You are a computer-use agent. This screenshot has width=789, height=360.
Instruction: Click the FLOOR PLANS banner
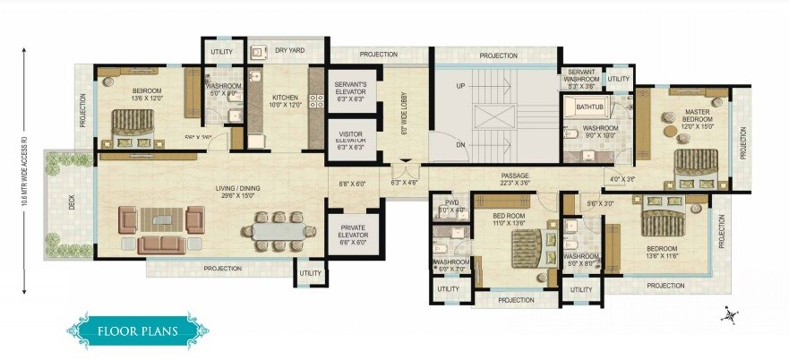click(x=137, y=330)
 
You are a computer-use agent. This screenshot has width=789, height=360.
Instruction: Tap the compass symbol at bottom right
click(x=732, y=314)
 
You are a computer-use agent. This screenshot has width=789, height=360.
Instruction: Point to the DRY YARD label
click(x=287, y=51)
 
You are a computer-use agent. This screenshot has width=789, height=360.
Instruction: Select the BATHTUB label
click(x=589, y=107)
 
